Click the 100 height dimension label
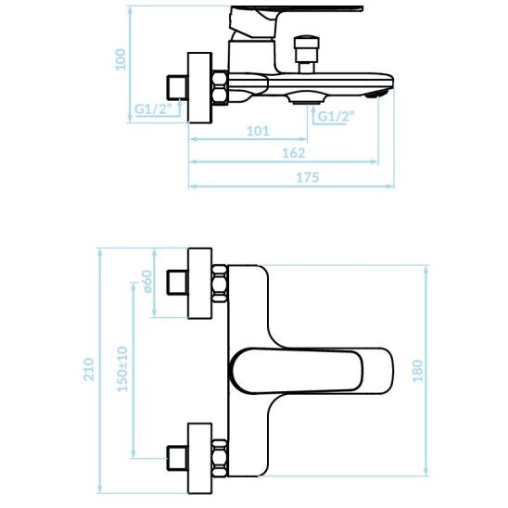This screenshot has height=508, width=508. tap(121, 59)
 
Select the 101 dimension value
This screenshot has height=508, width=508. tap(258, 132)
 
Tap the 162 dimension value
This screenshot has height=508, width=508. tap(294, 153)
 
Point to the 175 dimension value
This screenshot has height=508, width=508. tap(308, 178)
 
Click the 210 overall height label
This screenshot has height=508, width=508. tap(89, 369)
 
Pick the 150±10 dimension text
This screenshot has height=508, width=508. tap(122, 369)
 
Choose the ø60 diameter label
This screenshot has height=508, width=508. tap(146, 281)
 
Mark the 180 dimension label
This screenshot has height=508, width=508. tap(417, 371)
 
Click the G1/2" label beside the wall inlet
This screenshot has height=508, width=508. tap(153, 109)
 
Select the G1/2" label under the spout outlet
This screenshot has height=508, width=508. tap(337, 116)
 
